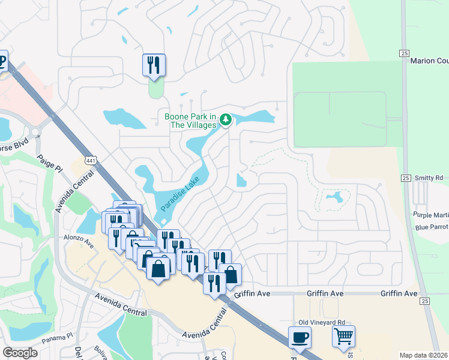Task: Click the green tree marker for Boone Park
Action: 226,120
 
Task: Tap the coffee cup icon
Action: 299,337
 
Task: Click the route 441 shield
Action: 90,160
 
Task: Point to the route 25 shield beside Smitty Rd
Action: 406,178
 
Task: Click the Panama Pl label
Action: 57,338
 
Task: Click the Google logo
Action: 20,353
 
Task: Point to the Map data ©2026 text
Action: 423,355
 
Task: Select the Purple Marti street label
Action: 430,215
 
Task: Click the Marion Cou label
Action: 429,61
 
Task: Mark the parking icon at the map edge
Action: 2,61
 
